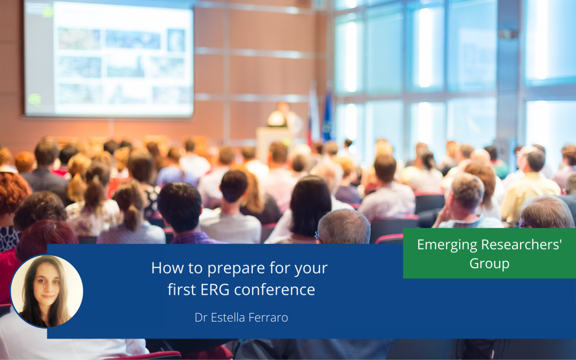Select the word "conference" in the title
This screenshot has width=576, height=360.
click(275, 290)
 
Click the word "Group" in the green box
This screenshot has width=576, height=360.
click(489, 264)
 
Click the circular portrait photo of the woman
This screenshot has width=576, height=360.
click(46, 291)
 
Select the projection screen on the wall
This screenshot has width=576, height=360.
click(108, 59)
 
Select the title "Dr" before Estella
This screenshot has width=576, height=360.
click(201, 317)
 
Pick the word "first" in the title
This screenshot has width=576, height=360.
click(182, 290)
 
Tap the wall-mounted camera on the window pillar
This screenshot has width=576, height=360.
click(508, 34)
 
